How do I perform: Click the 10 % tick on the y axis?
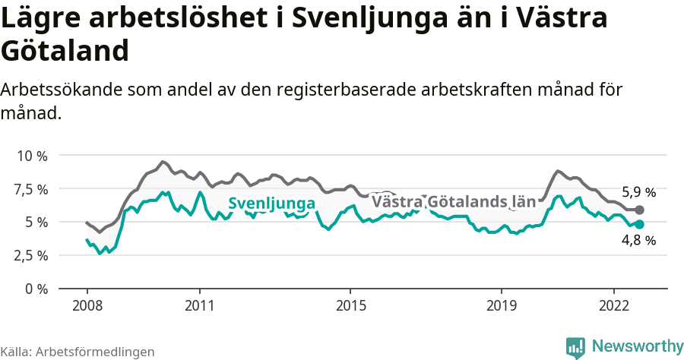click(x=32, y=156)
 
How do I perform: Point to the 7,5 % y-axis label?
click(x=31, y=189)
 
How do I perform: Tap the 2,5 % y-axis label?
click(x=31, y=255)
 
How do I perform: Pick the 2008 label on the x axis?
click(x=87, y=305)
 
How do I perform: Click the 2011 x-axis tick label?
click(x=199, y=305)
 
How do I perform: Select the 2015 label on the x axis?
click(x=350, y=305)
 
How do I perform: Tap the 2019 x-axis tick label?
click(x=501, y=305)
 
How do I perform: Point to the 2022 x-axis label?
click(x=613, y=305)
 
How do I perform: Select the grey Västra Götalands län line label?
click(x=454, y=202)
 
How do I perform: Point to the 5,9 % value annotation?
click(x=638, y=192)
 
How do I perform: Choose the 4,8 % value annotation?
click(x=638, y=240)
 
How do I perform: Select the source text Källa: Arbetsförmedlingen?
click(x=78, y=352)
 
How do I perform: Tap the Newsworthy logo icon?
click(x=575, y=346)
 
